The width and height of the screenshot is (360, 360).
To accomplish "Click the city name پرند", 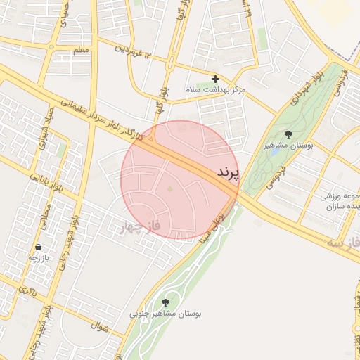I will pyautogui.click(x=228, y=171).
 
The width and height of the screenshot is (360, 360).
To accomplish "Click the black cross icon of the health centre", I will pyautogui.click(x=215, y=79).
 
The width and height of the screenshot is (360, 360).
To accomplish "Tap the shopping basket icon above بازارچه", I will pyautogui.click(x=38, y=247).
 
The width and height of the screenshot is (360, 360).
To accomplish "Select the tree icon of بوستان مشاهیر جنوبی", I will pyautogui.click(x=165, y=302).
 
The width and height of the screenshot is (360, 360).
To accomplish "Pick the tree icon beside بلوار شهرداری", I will pyautogui.click(x=288, y=134).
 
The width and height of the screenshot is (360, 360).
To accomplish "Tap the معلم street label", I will pyautogui.click(x=81, y=51).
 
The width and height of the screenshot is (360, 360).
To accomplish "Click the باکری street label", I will pyautogui.click(x=28, y=289).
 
